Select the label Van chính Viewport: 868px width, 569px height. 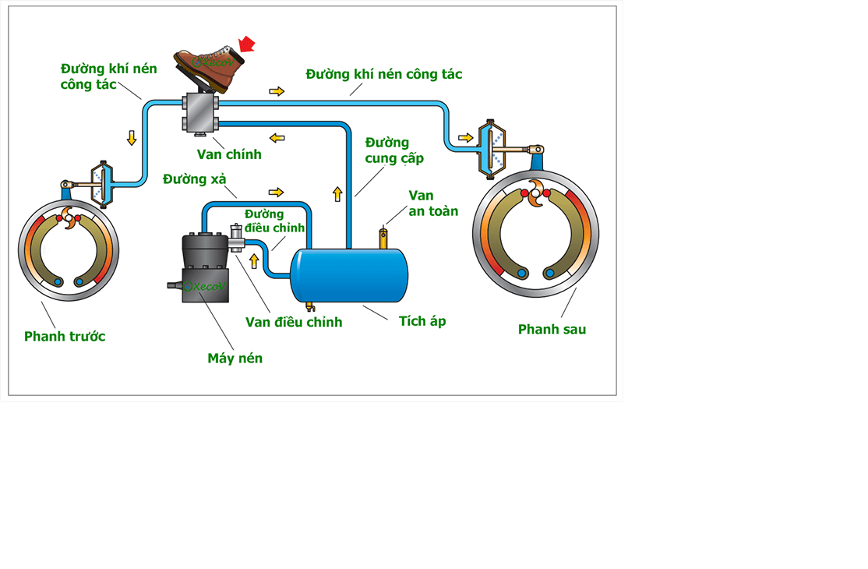coord(228,154)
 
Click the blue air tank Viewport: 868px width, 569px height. coord(348,274)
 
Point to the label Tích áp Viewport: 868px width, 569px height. coord(422,321)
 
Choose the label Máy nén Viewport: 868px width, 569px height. coord(235,359)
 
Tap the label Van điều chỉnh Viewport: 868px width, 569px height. coord(294,322)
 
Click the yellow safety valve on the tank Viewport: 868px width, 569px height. coord(383,237)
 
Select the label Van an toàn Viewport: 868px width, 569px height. coord(433,203)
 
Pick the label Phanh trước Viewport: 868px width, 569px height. coord(65,337)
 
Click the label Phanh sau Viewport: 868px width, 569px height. coord(552,330)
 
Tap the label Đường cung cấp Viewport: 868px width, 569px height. coord(394,150)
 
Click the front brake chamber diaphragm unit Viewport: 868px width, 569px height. coord(101,184)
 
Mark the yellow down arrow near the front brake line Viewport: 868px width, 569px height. coord(132,138)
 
